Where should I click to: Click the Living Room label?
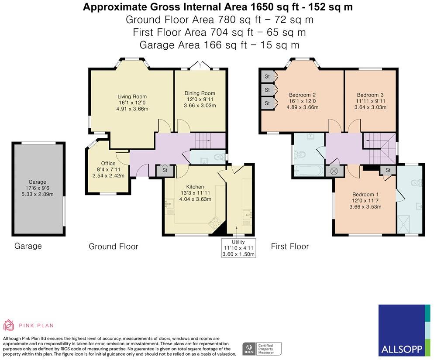point(132,96)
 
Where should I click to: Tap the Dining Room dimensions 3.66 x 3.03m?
point(200,106)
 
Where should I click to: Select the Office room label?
point(108,163)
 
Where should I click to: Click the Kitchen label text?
point(195,187)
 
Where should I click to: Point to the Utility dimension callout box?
point(238,248)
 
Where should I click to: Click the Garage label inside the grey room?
point(38,182)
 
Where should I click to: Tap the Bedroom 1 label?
point(365,195)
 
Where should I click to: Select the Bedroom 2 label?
point(302,95)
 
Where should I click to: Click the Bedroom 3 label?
point(370,95)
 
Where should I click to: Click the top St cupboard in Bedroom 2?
point(268,76)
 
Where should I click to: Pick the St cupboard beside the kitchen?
point(165,170)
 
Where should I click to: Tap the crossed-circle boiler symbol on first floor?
point(334,171)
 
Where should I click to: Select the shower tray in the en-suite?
point(403,224)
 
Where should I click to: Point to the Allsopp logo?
point(404,330)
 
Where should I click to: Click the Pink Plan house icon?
point(8,325)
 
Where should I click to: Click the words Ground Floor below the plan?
point(113,247)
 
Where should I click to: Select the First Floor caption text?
point(290,246)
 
